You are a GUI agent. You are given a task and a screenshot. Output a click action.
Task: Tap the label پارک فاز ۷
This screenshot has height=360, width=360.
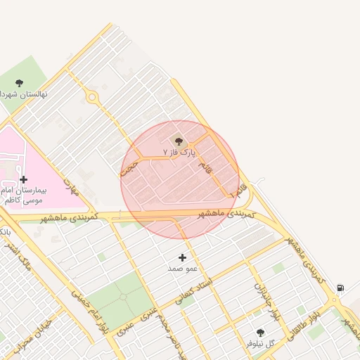coord(176,151)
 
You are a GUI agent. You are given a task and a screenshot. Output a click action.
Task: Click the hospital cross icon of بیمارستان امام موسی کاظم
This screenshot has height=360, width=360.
coord(23,180)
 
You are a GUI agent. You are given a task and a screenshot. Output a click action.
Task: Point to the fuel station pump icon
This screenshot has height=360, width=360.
coord(341,287)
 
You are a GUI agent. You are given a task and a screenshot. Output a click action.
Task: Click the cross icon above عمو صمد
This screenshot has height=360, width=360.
coord(183,257)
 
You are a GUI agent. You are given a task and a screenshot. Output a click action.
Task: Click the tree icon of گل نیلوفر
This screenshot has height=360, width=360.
coord(260,333)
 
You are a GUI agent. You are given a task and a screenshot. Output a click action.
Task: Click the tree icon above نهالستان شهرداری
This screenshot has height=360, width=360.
coord(19,83)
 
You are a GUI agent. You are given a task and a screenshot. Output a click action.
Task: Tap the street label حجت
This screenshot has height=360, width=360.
coord(129,166)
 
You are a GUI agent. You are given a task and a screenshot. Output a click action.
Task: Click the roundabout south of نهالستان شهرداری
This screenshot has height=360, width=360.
coord(91,96)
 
